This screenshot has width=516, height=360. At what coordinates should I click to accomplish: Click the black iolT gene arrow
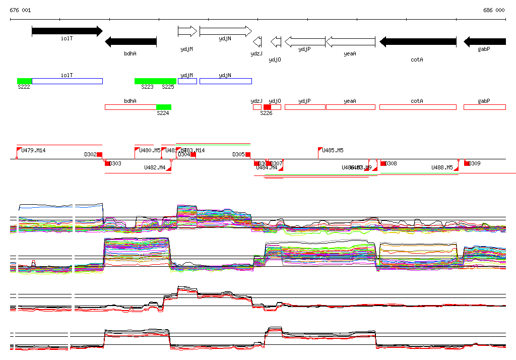(x=67, y=31)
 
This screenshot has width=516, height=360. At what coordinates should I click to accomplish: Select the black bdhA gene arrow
(x=131, y=42)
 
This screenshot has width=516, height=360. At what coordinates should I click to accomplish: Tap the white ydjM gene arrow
(x=187, y=31)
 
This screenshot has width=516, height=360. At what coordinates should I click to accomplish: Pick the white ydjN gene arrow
(x=225, y=31)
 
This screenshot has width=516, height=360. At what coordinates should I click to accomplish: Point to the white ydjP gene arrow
(x=305, y=42)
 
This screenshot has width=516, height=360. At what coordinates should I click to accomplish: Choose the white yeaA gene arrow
(x=350, y=42)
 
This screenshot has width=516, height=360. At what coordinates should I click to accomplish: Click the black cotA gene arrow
(x=417, y=42)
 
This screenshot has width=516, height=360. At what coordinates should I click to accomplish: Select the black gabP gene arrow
(x=484, y=42)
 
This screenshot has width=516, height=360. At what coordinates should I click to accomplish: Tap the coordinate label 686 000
(x=494, y=10)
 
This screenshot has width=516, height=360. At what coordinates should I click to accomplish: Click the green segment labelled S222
(x=24, y=81)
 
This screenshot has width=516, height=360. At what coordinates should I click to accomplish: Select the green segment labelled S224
(x=163, y=107)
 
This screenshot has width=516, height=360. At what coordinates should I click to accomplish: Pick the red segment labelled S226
(x=267, y=107)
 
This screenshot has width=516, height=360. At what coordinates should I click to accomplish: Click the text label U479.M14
(x=33, y=150)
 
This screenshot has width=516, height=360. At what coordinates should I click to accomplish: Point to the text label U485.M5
(x=333, y=150)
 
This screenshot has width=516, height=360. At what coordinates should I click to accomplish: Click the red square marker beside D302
(x=99, y=155)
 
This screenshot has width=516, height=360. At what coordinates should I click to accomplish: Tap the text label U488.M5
(x=442, y=167)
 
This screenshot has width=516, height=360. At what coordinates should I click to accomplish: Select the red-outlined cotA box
(x=417, y=107)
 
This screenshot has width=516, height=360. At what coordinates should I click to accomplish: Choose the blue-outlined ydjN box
(x=225, y=81)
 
